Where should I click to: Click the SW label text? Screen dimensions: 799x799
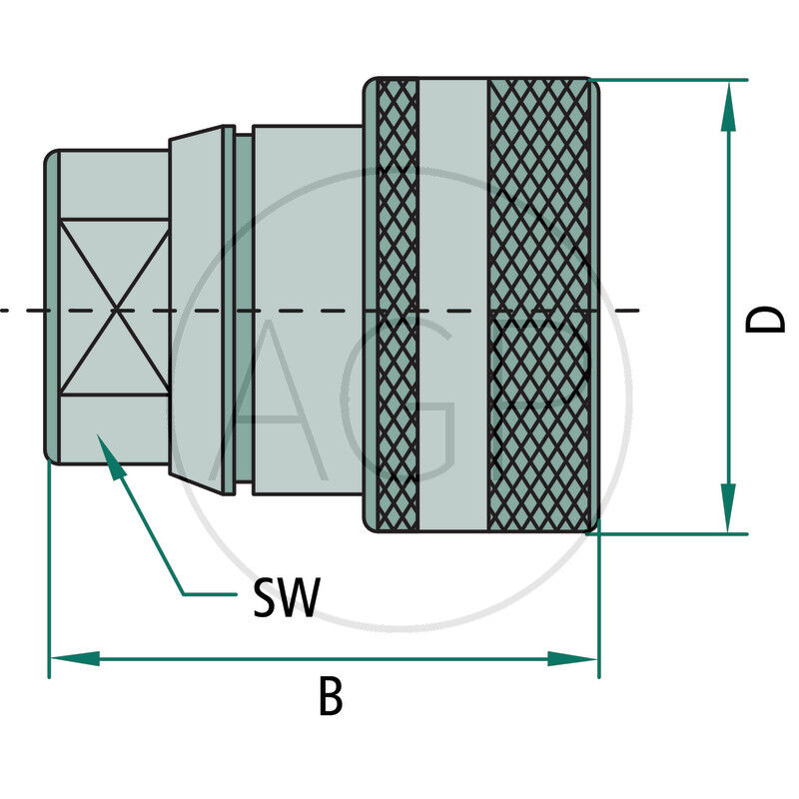[286, 598]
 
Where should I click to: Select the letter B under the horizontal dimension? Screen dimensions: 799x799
[330, 698]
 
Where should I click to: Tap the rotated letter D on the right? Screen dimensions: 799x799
[767, 319]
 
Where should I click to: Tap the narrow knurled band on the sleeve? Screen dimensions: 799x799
[399, 305]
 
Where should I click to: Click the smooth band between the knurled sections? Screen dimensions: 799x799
[453, 305]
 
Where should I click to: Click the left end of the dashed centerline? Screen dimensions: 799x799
[5, 311]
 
